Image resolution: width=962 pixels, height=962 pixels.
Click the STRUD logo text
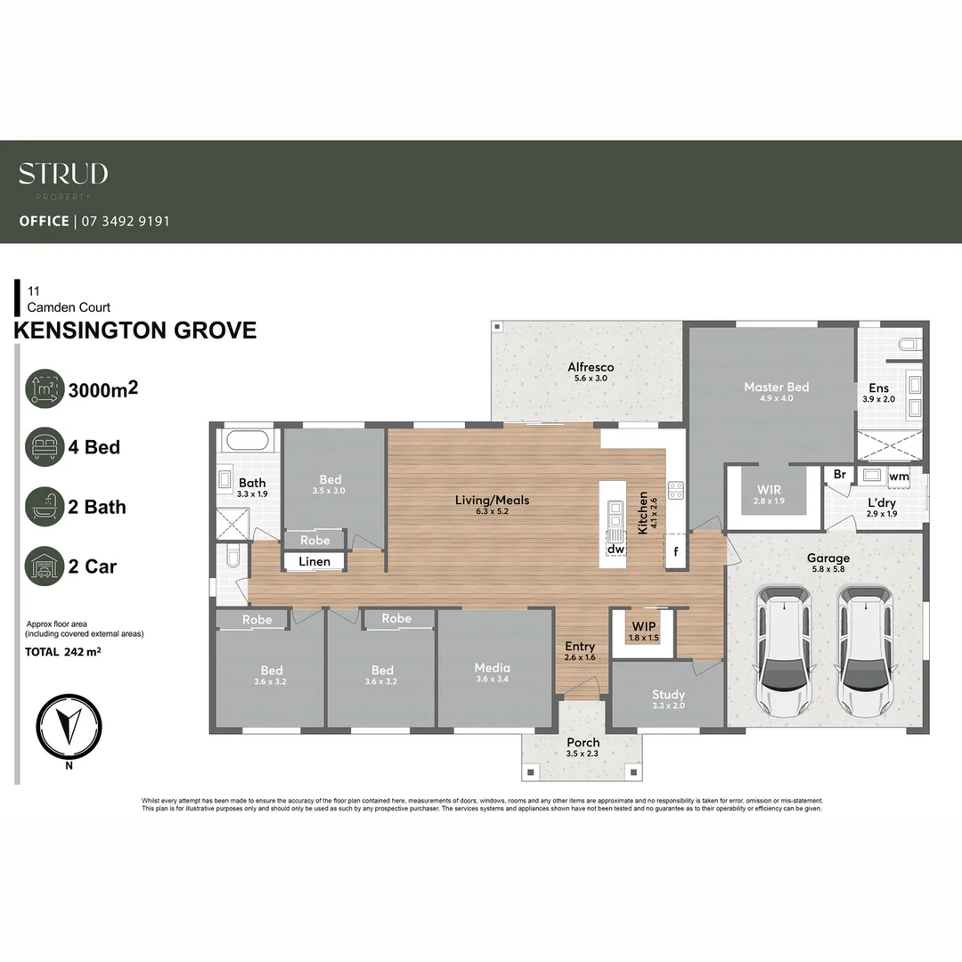pyautogui.click(x=63, y=174)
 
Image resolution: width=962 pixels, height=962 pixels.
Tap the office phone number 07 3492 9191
pyautogui.click(x=125, y=221)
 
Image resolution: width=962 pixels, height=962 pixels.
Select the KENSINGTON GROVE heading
pyautogui.click(x=135, y=330)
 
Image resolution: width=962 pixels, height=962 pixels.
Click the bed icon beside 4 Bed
pyautogui.click(x=45, y=446)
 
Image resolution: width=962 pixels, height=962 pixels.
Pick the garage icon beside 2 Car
pyautogui.click(x=45, y=567)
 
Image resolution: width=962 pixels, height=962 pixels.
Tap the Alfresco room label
pyautogui.click(x=591, y=367)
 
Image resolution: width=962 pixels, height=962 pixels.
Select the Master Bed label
pyautogui.click(x=776, y=387)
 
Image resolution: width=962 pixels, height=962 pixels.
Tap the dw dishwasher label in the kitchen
pyautogui.click(x=615, y=550)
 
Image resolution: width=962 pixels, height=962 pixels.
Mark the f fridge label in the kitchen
pyautogui.click(x=677, y=550)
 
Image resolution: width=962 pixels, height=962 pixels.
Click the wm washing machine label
pyautogui.click(x=899, y=477)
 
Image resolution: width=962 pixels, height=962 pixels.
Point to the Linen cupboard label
pyautogui.click(x=314, y=561)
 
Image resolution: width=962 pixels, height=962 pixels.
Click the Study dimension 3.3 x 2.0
pyautogui.click(x=668, y=706)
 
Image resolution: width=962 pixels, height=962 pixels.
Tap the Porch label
pyautogui.click(x=583, y=742)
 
